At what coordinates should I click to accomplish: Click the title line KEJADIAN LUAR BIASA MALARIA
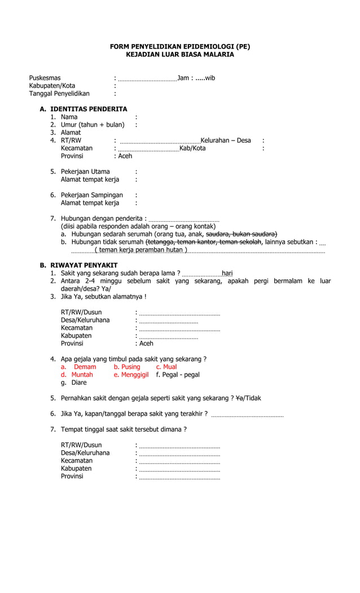(x=179, y=54)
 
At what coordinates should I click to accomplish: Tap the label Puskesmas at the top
(x=45, y=78)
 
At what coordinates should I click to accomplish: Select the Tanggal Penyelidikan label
(x=59, y=94)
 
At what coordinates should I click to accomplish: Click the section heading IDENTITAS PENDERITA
(x=89, y=109)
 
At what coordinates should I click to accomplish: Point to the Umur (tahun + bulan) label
(x=93, y=125)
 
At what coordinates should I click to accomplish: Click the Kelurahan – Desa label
(x=226, y=140)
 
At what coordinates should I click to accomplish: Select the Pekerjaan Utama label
(x=85, y=172)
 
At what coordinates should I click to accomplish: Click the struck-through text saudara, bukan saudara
(x=242, y=234)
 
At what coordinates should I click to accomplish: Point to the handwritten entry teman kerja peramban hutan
(x=141, y=249)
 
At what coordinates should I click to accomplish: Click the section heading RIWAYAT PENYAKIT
(x=84, y=265)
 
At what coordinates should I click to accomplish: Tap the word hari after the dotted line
(x=227, y=273)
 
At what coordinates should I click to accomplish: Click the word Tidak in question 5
(x=251, y=398)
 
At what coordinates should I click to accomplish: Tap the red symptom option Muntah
(x=82, y=375)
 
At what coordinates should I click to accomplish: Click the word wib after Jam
(x=210, y=78)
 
